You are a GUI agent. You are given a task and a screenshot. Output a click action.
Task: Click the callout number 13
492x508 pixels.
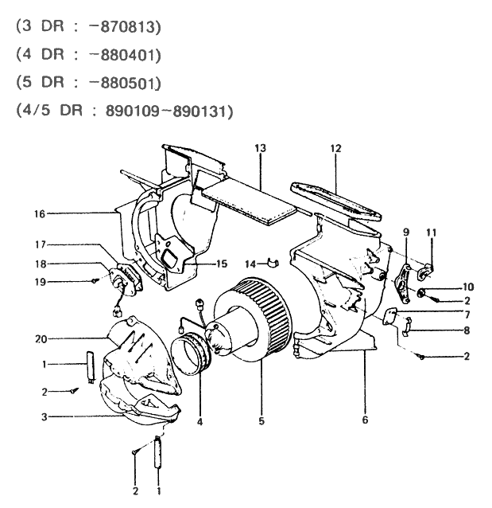tap(260, 149)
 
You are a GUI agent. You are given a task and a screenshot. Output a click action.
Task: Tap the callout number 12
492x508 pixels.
tap(335, 149)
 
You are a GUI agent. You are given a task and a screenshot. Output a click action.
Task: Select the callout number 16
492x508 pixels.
tap(41, 213)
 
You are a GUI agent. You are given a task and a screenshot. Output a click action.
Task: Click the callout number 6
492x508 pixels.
tap(365, 419)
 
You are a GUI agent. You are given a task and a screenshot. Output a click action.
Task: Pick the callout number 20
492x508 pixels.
tap(41, 338)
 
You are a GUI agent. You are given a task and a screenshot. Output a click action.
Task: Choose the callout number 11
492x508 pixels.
tap(432, 233)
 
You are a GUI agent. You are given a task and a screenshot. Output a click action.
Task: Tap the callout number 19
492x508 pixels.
tap(41, 281)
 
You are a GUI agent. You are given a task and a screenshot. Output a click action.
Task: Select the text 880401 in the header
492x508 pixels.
tap(130, 54)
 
